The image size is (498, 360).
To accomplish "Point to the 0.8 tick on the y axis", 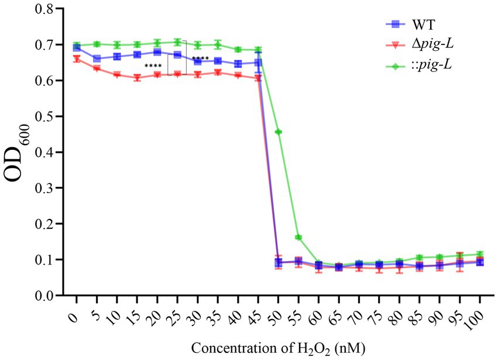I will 47,9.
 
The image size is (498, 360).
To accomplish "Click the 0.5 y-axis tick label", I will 47,116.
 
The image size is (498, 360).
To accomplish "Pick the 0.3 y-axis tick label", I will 47,188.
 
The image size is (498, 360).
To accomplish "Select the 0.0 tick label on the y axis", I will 47,296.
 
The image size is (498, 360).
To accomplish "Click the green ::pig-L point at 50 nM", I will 279,132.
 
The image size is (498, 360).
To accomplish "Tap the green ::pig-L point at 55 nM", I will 298,237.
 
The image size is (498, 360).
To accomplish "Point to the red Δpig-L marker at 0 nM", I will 76,59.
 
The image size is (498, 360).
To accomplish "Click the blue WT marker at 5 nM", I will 97,59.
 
